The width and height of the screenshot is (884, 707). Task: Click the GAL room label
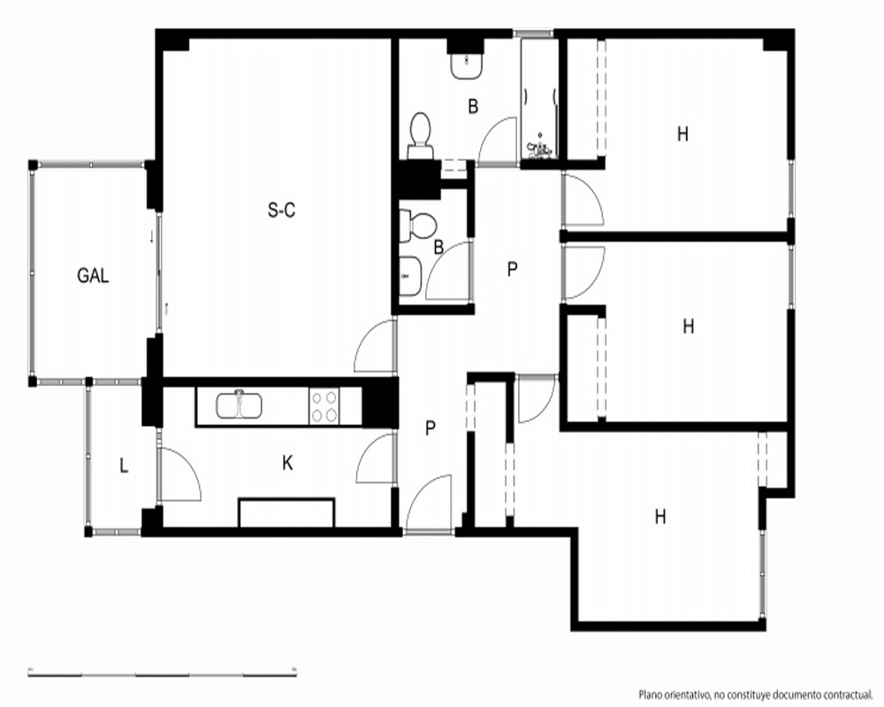93,276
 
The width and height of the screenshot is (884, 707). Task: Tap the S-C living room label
281,210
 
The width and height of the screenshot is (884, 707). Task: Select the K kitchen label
287,463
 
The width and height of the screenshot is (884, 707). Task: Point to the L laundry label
124,466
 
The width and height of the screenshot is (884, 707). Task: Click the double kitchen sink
239,405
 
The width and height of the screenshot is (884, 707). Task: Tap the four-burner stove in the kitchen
324,406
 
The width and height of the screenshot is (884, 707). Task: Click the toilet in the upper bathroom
419,135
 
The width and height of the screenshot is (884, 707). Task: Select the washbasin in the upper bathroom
466,66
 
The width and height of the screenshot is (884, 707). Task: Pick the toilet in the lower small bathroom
418,226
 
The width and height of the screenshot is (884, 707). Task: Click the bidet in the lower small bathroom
410,277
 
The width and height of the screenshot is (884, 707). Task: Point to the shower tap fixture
539,147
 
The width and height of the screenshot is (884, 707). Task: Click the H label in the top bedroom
682,134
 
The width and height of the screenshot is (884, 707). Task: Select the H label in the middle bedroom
689,326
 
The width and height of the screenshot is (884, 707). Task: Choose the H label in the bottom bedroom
660,516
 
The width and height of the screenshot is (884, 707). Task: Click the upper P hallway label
512,270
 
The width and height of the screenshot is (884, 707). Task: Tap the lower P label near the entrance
431,429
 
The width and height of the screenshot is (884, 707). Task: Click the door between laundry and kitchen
179,474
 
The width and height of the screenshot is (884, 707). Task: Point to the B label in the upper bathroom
473,106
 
